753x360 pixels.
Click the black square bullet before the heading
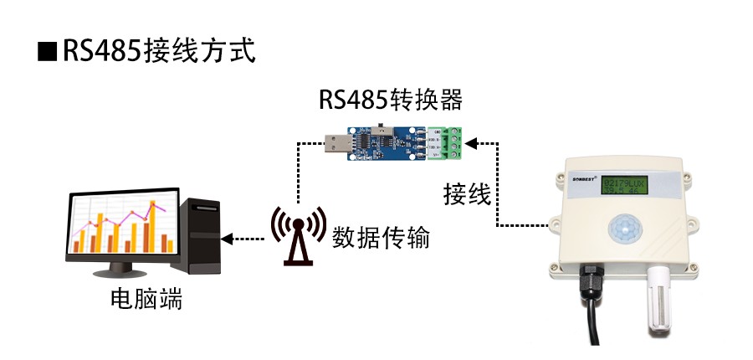[x=45, y=50]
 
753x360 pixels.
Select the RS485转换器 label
[x=390, y=100]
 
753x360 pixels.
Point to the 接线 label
[x=466, y=194]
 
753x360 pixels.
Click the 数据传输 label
[x=381, y=237]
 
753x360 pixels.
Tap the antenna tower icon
[x=297, y=234]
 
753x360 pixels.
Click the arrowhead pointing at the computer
[x=228, y=238]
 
